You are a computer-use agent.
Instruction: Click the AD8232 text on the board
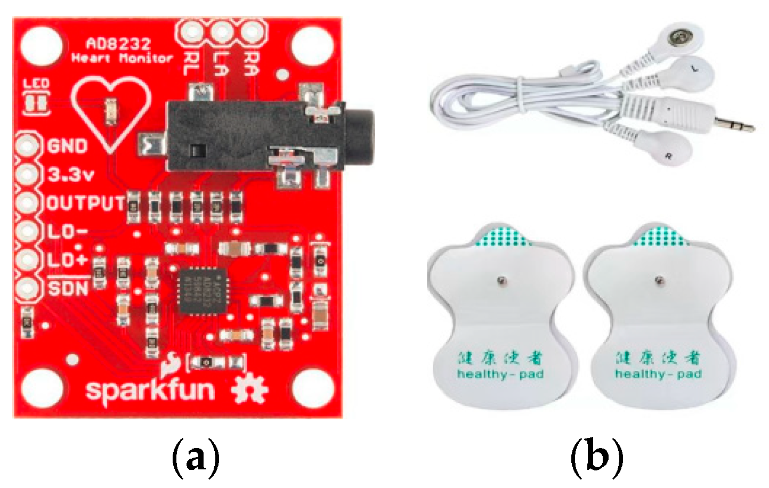118,44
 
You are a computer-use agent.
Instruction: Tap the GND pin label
67,146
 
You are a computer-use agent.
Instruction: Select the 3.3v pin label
70,174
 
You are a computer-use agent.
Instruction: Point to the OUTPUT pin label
86,203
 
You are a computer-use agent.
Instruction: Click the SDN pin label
68,289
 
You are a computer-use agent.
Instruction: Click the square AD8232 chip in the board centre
202,291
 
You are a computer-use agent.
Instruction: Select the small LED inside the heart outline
111,110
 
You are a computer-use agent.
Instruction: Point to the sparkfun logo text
150,390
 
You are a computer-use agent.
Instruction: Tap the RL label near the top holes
190,63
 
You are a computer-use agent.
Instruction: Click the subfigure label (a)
196,457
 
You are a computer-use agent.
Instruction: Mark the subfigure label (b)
596,457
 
